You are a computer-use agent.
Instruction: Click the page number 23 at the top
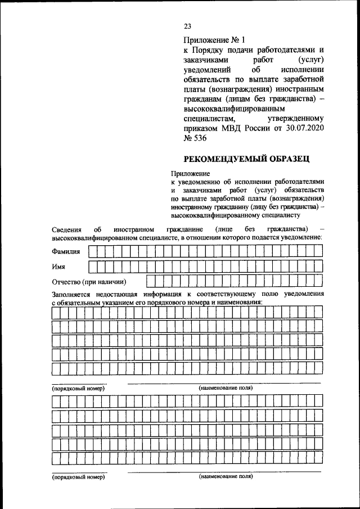click(188, 26)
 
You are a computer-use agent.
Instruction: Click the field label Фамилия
click(66, 251)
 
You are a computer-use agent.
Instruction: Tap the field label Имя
click(58, 266)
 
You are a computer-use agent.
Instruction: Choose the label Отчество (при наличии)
click(88, 281)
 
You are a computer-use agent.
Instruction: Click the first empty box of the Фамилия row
click(93, 251)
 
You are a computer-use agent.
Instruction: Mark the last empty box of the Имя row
click(318, 266)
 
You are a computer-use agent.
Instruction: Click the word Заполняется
click(74, 294)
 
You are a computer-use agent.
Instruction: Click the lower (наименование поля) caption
click(226, 476)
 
